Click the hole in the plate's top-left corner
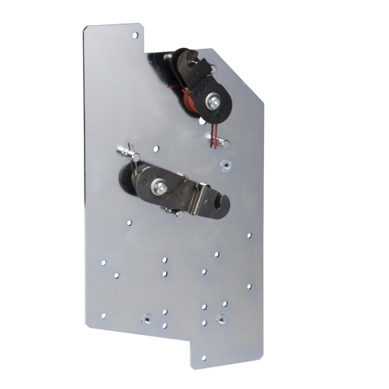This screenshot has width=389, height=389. [x=135, y=35]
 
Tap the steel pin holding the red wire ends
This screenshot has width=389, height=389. [x=217, y=140]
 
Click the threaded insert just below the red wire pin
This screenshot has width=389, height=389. [x=225, y=162]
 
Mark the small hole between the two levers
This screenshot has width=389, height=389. [x=156, y=149]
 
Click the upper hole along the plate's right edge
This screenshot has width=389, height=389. [x=248, y=233]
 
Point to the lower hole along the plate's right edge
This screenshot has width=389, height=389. [x=248, y=287]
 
